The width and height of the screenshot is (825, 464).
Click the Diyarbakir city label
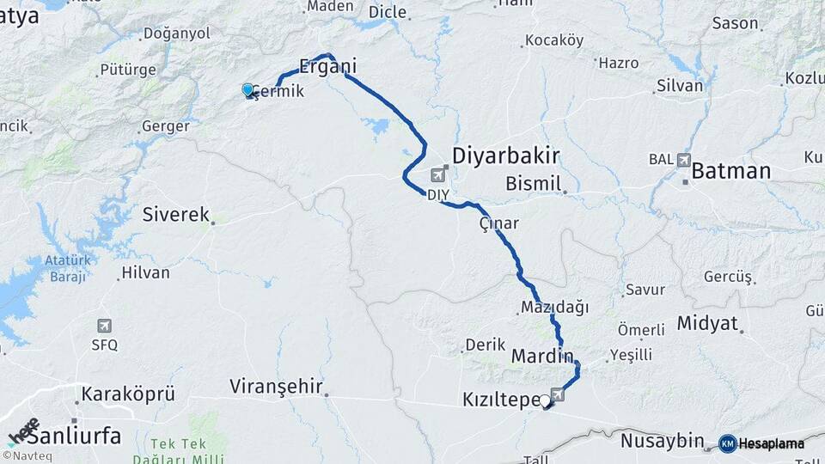(506, 156)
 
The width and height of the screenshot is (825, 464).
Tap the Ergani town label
(327, 66)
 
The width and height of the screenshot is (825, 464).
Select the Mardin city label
(541, 355)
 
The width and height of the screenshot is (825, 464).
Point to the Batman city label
(730, 170)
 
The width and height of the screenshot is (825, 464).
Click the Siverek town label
(176, 215)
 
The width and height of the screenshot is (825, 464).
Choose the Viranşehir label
(275, 387)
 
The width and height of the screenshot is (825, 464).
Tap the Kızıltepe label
(501, 400)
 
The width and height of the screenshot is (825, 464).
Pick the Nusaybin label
(662, 441)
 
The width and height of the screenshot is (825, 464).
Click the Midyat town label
(707, 324)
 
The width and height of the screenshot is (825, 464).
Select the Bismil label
(533, 183)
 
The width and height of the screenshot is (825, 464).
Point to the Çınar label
(499, 223)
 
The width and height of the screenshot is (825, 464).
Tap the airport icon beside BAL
(683, 159)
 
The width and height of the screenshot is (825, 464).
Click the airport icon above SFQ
(104, 327)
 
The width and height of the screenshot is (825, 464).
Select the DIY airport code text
(437, 194)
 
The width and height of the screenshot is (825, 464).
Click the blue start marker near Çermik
(247, 89)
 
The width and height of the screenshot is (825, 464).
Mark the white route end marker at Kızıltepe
(545, 400)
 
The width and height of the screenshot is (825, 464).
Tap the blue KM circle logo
(727, 443)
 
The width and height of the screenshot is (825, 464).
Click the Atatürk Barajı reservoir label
(67, 267)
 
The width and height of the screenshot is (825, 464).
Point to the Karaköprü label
(128, 394)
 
